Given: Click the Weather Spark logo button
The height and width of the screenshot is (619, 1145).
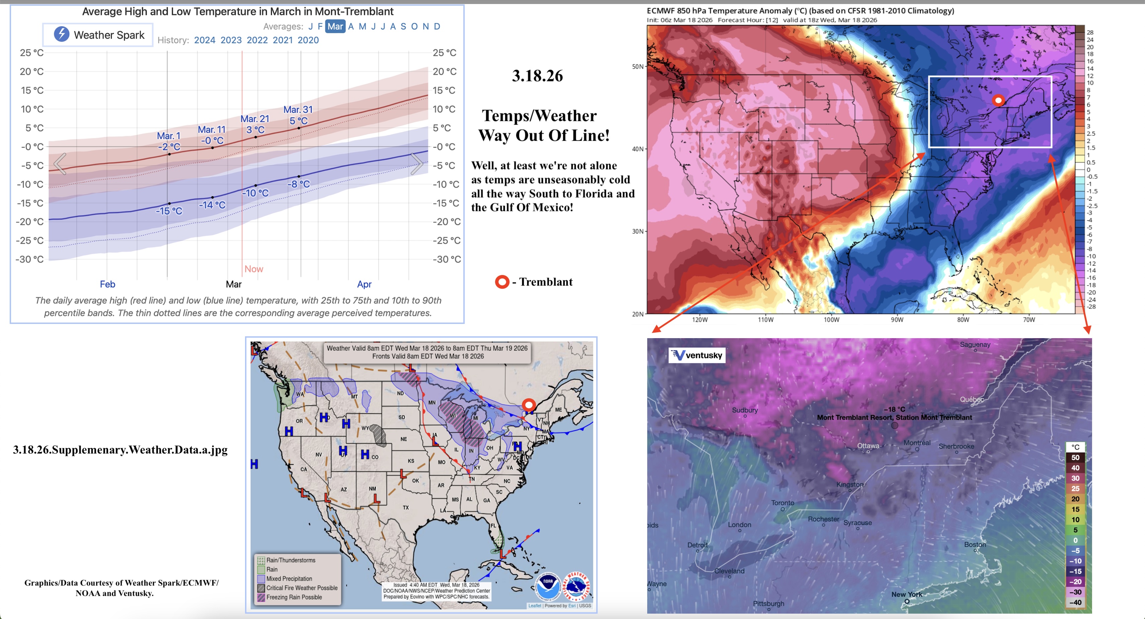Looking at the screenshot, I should click(x=98, y=35).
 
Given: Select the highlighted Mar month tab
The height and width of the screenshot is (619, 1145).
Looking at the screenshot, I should click(x=335, y=26).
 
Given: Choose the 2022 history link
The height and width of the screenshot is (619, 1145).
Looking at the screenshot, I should click(x=257, y=40).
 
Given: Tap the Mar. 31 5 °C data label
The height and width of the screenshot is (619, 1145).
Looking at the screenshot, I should click(x=298, y=115).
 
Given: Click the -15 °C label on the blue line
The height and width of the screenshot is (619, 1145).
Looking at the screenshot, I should click(x=169, y=211).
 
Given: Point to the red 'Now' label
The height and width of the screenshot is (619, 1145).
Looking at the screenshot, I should click(x=253, y=269).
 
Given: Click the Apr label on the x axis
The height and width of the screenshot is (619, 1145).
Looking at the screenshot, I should click(x=364, y=284).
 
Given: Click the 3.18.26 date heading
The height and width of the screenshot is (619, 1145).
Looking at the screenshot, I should click(x=537, y=76).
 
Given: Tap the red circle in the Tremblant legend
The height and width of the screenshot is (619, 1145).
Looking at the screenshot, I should click(x=502, y=282).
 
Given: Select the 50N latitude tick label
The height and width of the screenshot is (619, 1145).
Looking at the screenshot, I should click(x=637, y=67).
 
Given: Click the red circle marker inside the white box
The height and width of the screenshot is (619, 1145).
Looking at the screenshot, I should click(x=998, y=100).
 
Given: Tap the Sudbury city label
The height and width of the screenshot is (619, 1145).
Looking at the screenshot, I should click(x=745, y=410).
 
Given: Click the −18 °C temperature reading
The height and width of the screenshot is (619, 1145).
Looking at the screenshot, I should click(x=894, y=409).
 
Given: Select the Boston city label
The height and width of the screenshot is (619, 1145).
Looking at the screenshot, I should click(x=975, y=544).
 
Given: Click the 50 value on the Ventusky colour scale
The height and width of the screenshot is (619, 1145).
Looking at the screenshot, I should click(x=1075, y=458).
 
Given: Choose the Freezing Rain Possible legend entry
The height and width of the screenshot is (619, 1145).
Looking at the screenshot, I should click(x=294, y=597).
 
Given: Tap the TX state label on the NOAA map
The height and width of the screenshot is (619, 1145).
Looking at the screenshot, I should click(x=406, y=507).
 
